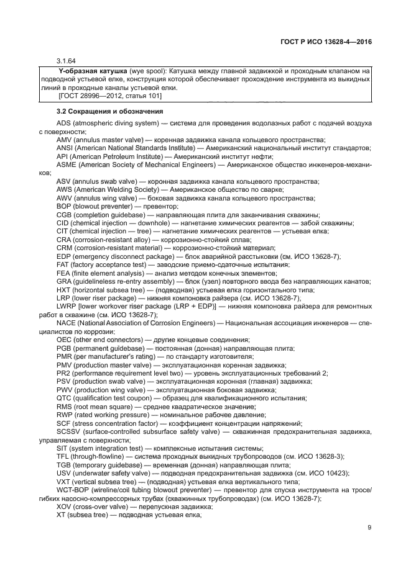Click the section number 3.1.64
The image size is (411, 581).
pos(66,61)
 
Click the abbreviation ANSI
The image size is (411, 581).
pos(65,149)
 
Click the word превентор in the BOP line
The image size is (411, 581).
pos(144,206)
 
